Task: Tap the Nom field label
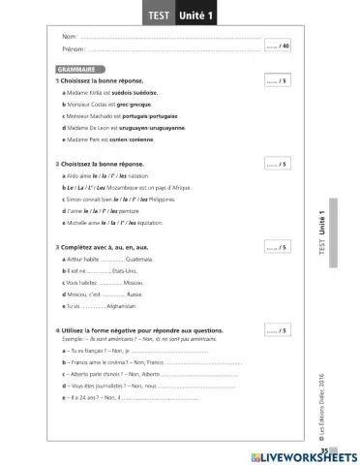click(68, 37)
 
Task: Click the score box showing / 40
click(278, 46)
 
